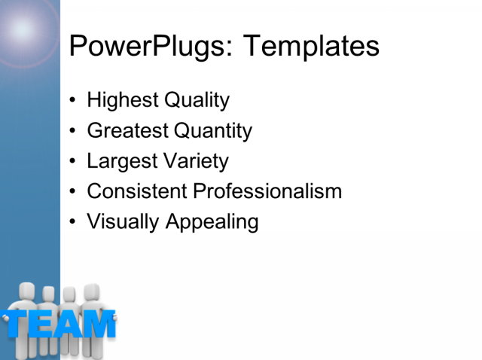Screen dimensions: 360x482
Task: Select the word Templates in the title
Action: pyautogui.click(x=311, y=47)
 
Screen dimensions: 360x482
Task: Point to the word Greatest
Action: pyautogui.click(x=127, y=131)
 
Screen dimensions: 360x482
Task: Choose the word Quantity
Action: pyautogui.click(x=212, y=131)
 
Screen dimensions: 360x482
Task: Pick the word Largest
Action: pyautogui.click(x=120, y=161)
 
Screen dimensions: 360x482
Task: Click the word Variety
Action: pyautogui.click(x=193, y=161)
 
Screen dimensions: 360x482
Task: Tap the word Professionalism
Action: pyautogui.click(x=267, y=191)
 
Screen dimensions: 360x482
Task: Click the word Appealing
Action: pyautogui.click(x=209, y=222)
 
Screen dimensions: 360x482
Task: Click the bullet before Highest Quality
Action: pyautogui.click(x=72, y=100)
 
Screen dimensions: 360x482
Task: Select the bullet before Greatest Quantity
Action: pyautogui.click(x=72, y=131)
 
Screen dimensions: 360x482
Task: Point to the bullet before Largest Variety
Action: pyautogui.click(x=72, y=161)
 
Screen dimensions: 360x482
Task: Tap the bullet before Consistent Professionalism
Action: pyautogui.click(x=72, y=191)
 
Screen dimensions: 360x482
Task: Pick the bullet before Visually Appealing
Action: pyautogui.click(x=72, y=222)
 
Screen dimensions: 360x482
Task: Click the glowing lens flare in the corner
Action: pyautogui.click(x=23, y=29)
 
